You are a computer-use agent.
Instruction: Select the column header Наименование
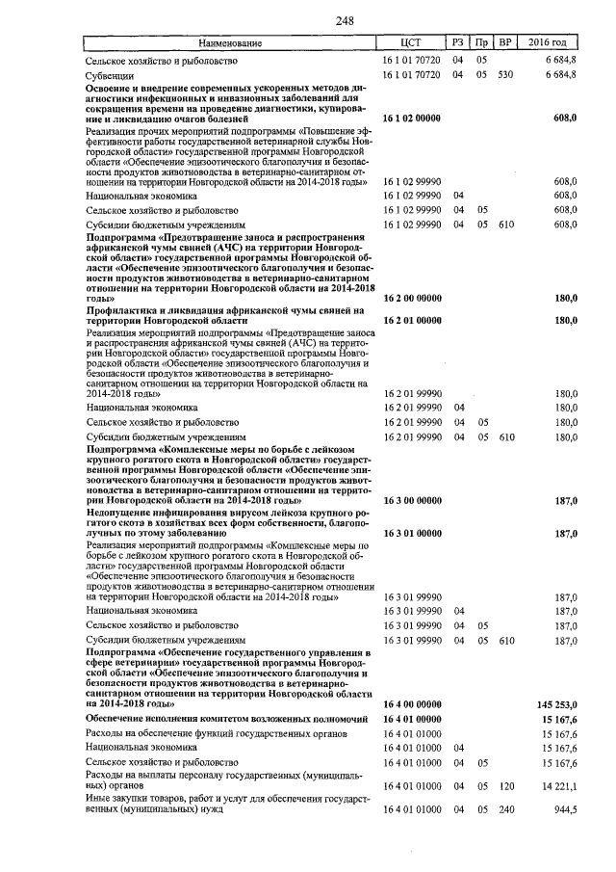tap(230, 43)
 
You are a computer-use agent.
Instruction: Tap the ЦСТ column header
tap(411, 43)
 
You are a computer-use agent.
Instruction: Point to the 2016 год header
tap(553, 43)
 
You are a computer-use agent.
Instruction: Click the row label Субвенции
tap(110, 74)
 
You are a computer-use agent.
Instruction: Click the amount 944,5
tap(563, 808)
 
